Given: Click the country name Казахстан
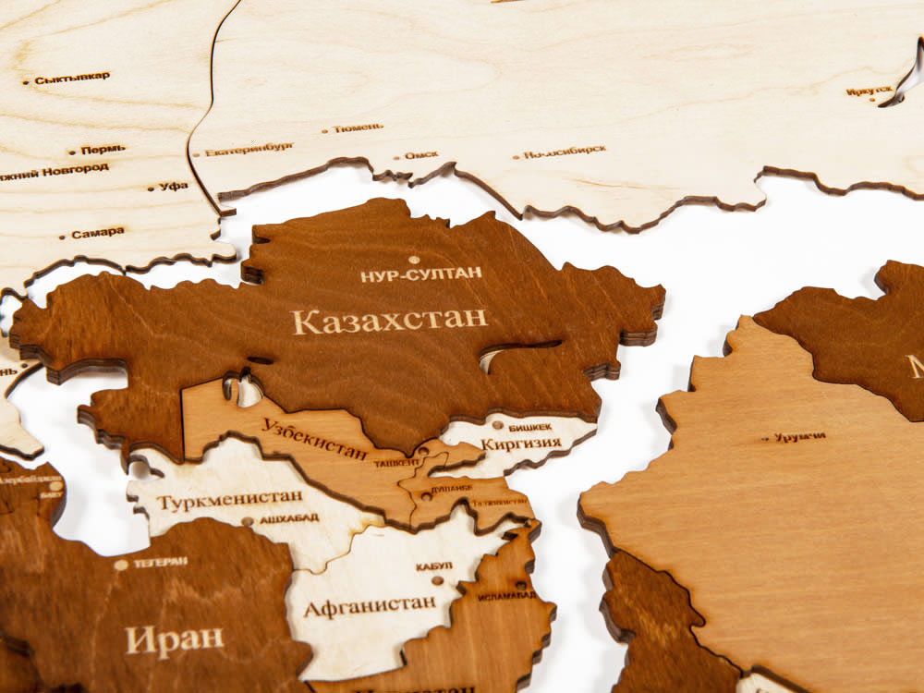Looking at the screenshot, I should pos(389,321).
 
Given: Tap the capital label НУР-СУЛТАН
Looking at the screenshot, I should pos(421,274).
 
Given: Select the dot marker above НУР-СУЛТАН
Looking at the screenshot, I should pos(413,260).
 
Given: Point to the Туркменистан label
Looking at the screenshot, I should pos(229,500).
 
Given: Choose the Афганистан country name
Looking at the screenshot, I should pos(370,605).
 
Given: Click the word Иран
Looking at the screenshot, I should pos(175,638).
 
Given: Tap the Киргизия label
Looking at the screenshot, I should pos(521,443).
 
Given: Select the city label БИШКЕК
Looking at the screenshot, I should pos(530,427).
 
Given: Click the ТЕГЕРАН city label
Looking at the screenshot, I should pos(160,561).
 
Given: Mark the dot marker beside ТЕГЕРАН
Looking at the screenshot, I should pos(121,565).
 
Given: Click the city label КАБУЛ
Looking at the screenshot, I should pos(433,565).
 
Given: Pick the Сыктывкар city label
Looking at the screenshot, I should pos(72,79).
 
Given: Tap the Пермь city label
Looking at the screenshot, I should pos(103,149).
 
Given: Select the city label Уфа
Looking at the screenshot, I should pos(173,186).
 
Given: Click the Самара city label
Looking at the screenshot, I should pos(97,233).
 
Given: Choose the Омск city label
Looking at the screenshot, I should pos(421,155).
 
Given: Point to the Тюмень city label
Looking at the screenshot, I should pos(358,128).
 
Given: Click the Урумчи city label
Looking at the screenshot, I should pos(799,436).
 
